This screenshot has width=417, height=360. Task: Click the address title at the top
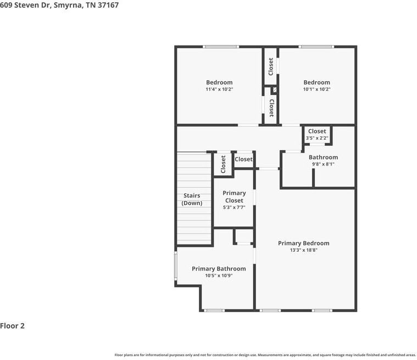[x=59, y=5]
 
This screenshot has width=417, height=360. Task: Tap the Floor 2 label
[x=13, y=326]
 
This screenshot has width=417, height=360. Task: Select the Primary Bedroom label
[x=303, y=243]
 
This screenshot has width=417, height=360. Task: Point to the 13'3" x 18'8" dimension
[x=303, y=250]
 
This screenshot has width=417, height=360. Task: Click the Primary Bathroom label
[x=219, y=269]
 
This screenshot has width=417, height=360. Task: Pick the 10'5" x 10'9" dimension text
[x=219, y=276]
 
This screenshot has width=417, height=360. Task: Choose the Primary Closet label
[x=234, y=197]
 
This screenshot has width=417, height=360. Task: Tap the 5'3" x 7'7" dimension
[x=234, y=207]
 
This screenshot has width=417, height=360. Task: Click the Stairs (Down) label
[x=192, y=199]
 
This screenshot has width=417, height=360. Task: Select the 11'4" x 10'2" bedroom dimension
[x=219, y=89]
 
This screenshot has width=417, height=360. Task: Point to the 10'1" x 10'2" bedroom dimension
[x=316, y=89]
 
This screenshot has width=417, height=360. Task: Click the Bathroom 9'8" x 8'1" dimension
[x=323, y=164]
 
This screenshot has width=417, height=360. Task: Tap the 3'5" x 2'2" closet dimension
[x=316, y=138]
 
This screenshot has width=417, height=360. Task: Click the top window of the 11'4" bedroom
[x=217, y=47]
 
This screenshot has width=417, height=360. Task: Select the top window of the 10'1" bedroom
[x=316, y=47]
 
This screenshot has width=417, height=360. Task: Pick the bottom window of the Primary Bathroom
[x=214, y=311]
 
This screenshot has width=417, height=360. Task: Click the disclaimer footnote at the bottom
[x=265, y=355]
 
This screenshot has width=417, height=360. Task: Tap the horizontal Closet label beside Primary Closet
[x=243, y=159]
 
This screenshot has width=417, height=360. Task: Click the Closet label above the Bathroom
[x=316, y=131]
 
